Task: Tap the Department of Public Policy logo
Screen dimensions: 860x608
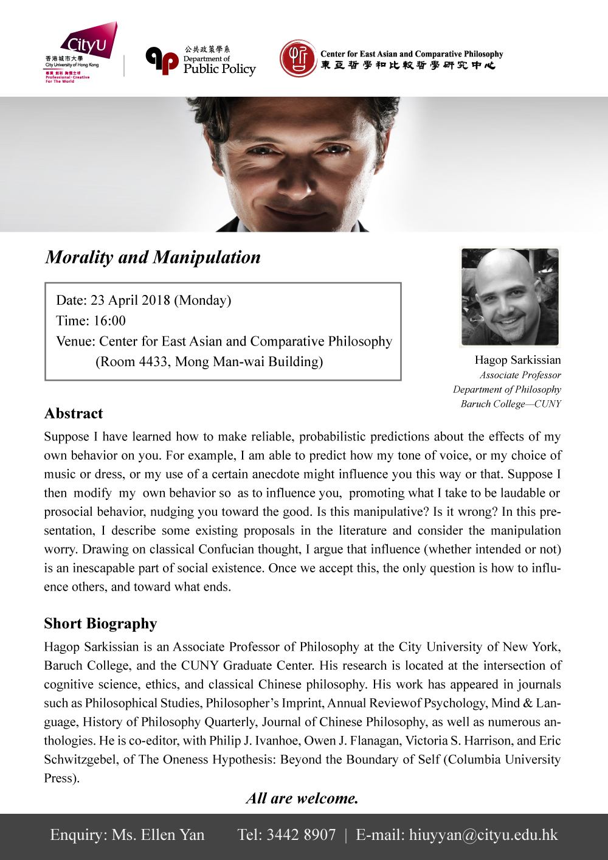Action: tap(201, 61)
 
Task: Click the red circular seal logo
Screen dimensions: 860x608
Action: tap(298, 58)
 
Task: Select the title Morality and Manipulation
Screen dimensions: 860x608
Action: tap(153, 257)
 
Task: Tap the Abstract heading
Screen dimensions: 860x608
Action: tap(74, 414)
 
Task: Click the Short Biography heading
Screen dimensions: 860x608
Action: tap(100, 623)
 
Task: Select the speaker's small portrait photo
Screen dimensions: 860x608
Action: tap(510, 297)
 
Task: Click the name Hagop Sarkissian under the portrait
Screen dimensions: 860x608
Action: tap(517, 360)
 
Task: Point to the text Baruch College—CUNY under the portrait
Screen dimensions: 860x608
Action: tap(511, 404)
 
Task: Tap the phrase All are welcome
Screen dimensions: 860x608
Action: tap(302, 799)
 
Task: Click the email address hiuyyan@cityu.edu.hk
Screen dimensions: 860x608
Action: tap(483, 835)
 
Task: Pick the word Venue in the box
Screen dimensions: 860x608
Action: tap(75, 341)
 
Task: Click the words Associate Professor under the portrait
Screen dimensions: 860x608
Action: tap(520, 375)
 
